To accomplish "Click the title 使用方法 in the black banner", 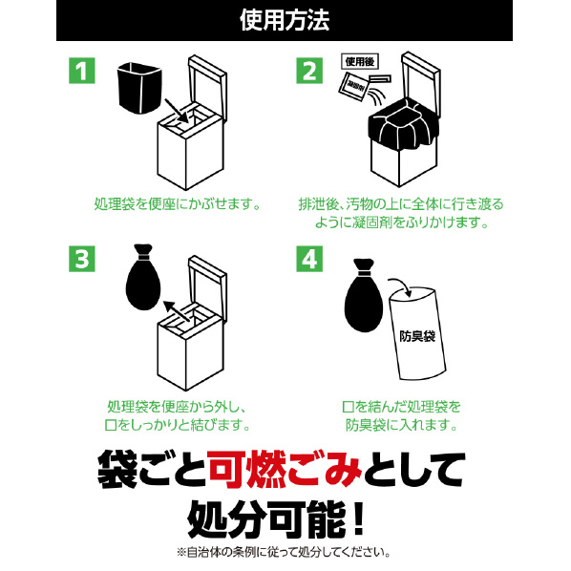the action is [285, 20].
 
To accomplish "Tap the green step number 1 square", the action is [82, 71].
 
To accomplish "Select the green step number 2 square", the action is [309, 71].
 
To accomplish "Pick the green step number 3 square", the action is [82, 259].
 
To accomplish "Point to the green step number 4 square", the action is [309, 259].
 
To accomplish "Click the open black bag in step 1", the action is [139, 88].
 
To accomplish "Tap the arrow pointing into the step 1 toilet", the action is [177, 111].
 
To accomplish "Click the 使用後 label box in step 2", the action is [360, 61].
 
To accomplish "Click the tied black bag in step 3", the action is [143, 278].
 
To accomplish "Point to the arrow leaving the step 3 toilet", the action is [177, 310].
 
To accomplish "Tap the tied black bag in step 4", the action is [364, 296].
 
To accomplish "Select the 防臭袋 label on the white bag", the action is [417, 336].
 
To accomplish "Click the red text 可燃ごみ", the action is [285, 470].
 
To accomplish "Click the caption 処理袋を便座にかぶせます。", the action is [178, 204].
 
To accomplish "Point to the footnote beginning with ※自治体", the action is [284, 552].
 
